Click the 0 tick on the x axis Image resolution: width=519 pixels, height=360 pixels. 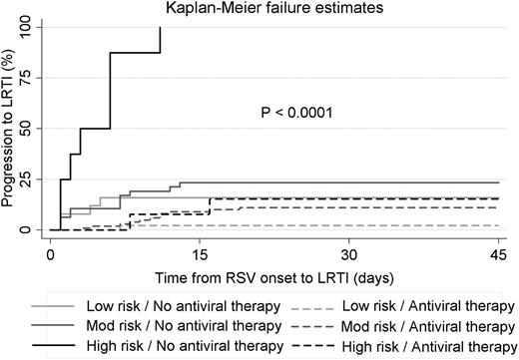point(51,253)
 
